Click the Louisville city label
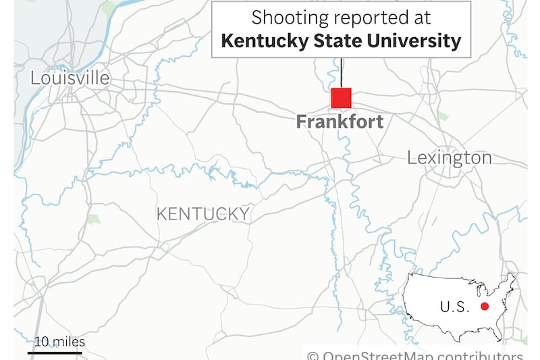click(x=70, y=78)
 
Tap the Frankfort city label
click(x=340, y=122)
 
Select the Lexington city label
click(x=449, y=158)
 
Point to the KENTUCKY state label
click(x=202, y=214)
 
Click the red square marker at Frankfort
click(x=341, y=98)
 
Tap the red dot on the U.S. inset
click(x=484, y=307)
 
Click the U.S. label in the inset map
click(x=454, y=307)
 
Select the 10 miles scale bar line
click(x=55, y=352)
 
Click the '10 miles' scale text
click(x=61, y=341)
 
